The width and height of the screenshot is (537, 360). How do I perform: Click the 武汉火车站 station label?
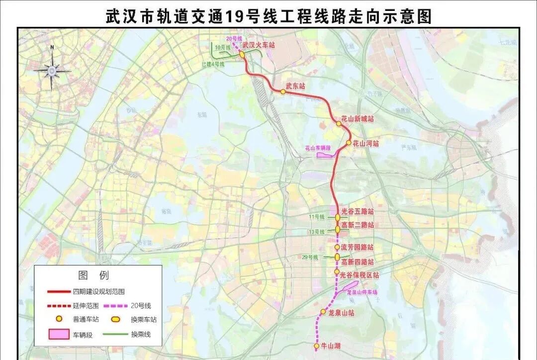coord(259,45)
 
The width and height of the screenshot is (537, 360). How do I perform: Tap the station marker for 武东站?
coord(283,91)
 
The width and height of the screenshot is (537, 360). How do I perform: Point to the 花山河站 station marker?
coord(349,143)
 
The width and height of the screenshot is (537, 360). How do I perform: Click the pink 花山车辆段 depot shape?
coord(325,155)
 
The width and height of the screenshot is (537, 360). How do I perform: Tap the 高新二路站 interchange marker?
coord(338,229)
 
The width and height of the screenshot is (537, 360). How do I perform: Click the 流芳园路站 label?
coord(357,247)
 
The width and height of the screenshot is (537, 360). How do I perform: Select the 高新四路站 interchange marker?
coord(337,257)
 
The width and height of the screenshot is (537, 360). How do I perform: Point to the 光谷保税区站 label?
coord(359,274)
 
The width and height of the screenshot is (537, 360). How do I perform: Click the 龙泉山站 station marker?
coord(323,312)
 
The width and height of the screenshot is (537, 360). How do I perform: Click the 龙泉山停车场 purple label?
coord(361,292)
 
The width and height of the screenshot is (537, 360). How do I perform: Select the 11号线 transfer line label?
coord(316,217)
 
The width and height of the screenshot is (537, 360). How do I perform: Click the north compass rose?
coord(52,70)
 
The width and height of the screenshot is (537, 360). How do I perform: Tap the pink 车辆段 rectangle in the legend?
coord(59,335)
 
